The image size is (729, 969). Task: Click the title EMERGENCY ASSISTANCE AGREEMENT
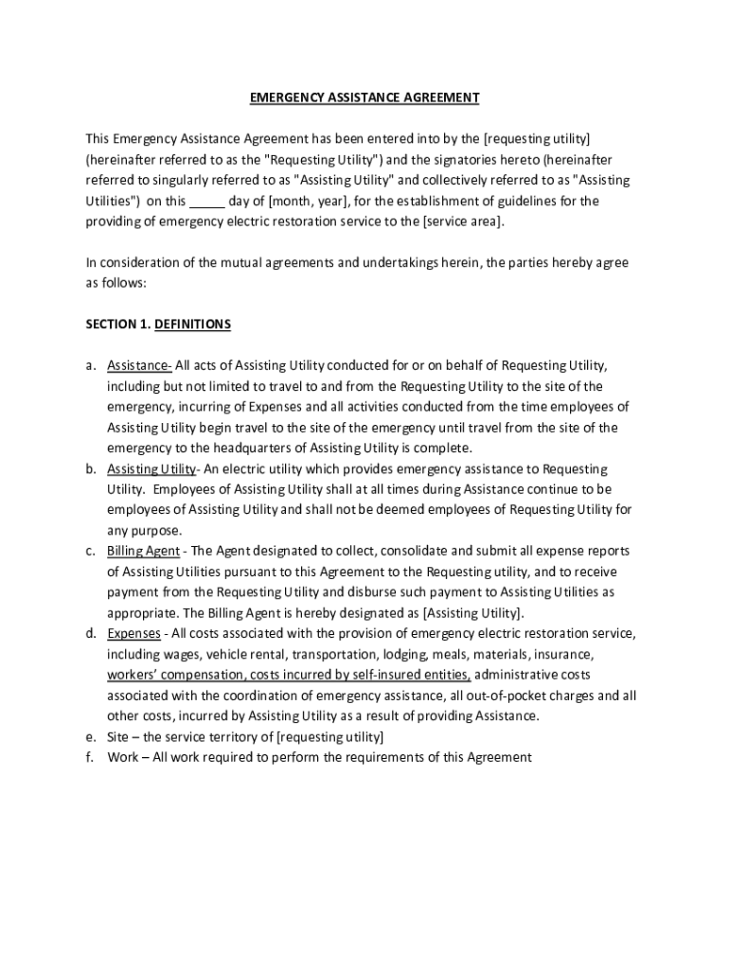(364, 97)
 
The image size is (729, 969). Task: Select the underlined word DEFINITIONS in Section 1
(192, 325)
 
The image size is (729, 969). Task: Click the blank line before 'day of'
(207, 202)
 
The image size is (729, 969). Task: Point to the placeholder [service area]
(465, 221)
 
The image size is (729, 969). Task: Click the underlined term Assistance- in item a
(139, 366)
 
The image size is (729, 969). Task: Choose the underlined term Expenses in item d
(133, 633)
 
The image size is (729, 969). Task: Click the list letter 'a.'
(91, 366)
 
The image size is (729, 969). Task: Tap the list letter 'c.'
(91, 551)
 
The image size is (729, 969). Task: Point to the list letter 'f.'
(90, 757)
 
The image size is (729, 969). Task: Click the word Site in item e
(118, 736)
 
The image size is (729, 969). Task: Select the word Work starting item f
(122, 757)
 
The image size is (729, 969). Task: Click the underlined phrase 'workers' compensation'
(176, 675)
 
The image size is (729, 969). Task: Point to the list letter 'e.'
(91, 736)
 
